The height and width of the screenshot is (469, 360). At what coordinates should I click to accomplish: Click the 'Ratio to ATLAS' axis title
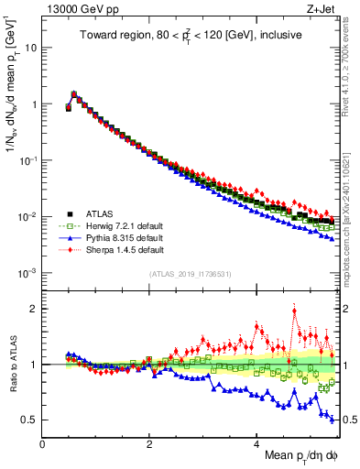click(12, 364)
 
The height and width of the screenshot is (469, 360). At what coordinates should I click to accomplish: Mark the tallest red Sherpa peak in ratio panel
click(294, 310)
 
